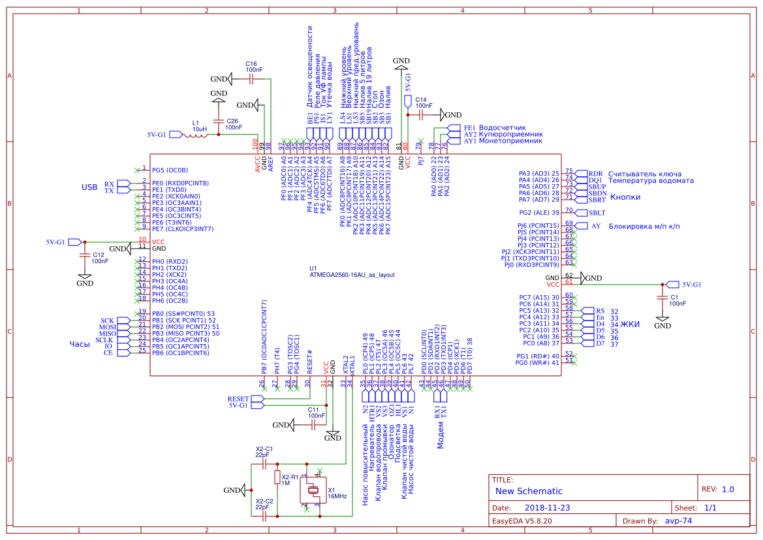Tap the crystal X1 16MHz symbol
pos(313,490)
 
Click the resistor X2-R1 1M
pos(277,478)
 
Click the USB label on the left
pos(89,187)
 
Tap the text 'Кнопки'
pos(624,197)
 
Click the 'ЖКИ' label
pos(630,324)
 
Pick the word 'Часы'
pos(80,344)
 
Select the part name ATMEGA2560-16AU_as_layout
pos(352,276)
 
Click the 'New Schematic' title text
pos(529,491)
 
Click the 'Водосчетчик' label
pos(502,127)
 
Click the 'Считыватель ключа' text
pos(646,174)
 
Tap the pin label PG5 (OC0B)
pos(170,170)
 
